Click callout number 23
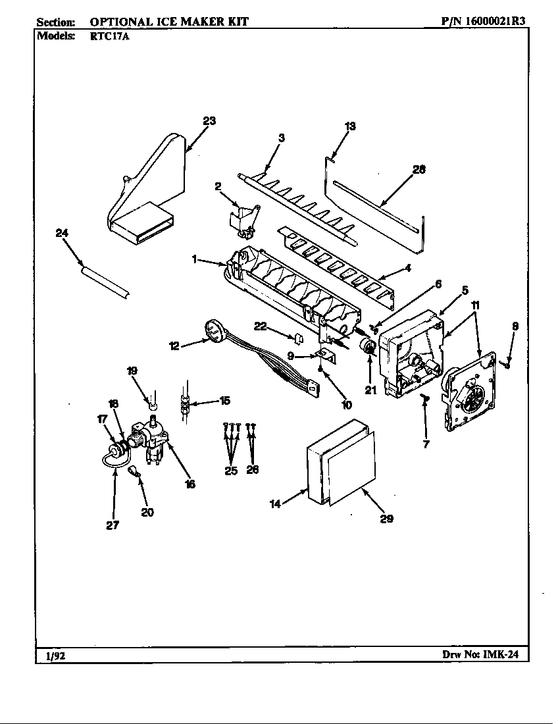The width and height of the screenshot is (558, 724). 209,121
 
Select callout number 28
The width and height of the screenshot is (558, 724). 419,169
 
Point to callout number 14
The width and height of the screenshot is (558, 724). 276,504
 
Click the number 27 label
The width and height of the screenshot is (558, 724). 113,525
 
